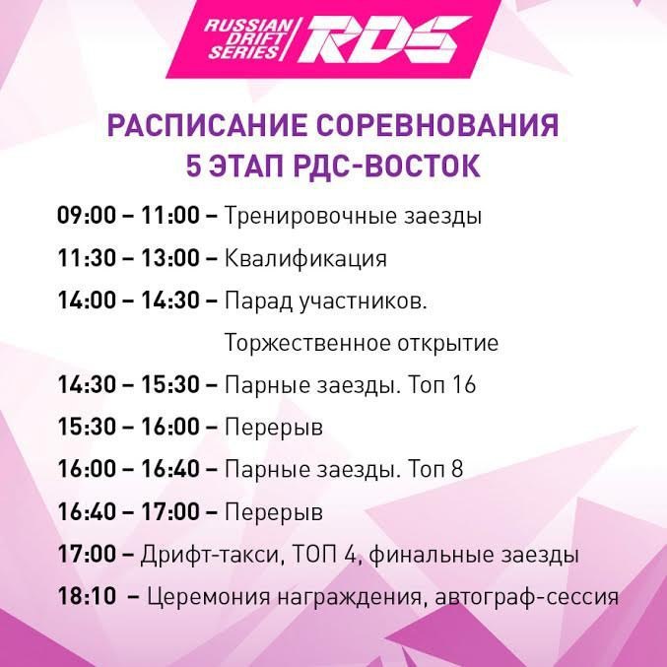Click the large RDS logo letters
[384, 39]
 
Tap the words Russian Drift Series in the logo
[248, 38]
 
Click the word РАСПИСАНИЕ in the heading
[207, 125]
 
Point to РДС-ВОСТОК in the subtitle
[386, 166]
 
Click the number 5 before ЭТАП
[193, 166]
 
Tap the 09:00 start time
[87, 215]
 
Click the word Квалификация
[305, 259]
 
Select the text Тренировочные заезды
[353, 216]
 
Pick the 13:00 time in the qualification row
[170, 257]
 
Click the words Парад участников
[325, 300]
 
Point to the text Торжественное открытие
[362, 343]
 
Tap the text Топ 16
[441, 384]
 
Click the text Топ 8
[435, 469]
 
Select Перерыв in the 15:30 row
[274, 427]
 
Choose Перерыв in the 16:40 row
[274, 511]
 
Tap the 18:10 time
[87, 595]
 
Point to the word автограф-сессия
[527, 597]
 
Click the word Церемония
[209, 597]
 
